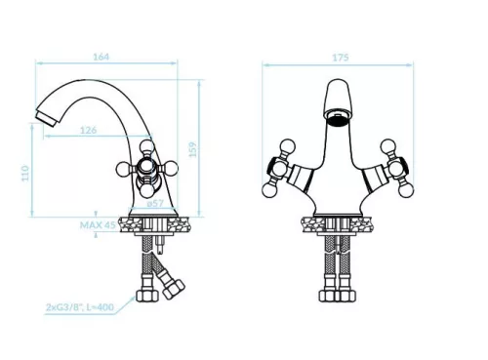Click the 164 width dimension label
tap(102, 57)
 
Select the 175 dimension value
tap(341, 58)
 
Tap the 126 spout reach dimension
tap(89, 130)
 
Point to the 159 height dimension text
tap(193, 149)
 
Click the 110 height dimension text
tap(25, 174)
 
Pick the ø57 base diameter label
tap(155, 204)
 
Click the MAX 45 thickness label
tap(98, 225)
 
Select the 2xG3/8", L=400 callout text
tap(80, 307)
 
